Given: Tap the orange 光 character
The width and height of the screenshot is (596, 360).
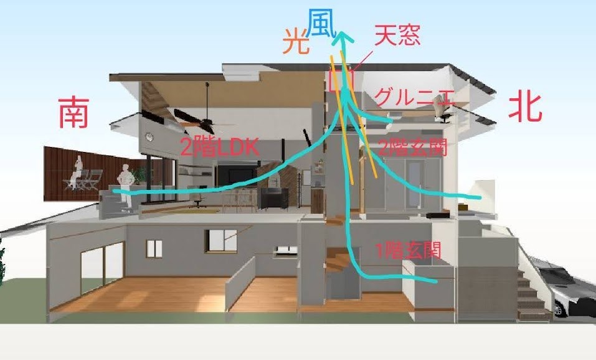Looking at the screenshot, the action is tap(296, 42).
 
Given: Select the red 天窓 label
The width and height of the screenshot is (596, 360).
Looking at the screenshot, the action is tap(397, 36).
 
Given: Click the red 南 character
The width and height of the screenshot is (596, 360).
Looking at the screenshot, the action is tap(73, 113).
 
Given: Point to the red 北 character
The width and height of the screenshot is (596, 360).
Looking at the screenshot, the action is tap(525, 108).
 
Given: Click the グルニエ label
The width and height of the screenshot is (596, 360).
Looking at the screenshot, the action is tap(414, 97).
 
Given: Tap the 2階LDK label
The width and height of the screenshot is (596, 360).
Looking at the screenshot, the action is tap(220, 147).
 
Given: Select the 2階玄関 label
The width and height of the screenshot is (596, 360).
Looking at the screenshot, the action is tap(412, 147).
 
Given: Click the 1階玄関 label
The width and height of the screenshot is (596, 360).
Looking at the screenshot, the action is tap(408, 250).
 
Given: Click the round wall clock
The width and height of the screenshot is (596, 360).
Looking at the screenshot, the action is tap(149, 137).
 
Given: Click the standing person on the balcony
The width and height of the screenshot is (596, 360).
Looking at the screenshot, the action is tap(125, 187).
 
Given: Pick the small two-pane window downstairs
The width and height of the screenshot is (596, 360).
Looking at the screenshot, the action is tap(154, 249).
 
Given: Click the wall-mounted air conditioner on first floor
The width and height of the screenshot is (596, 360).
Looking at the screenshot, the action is tap(286, 250).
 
